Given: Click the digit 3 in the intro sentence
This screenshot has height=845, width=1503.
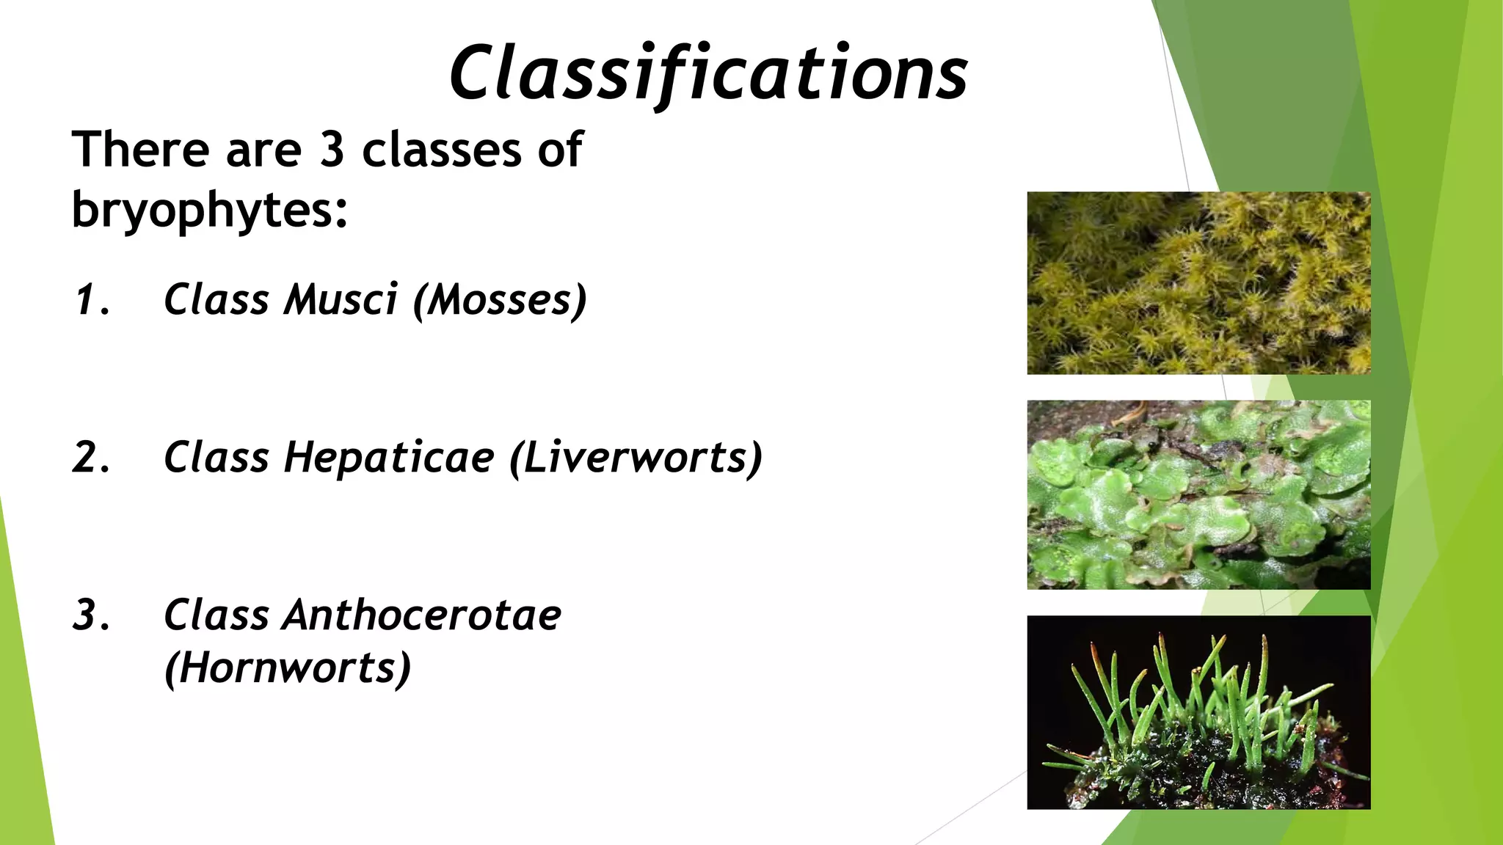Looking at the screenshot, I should click(x=332, y=150).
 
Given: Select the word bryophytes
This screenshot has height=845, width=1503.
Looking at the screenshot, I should click(x=209, y=211).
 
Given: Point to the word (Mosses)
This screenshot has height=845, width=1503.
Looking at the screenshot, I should click(x=500, y=300).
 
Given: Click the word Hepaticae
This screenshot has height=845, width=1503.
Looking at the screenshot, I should click(x=389, y=458).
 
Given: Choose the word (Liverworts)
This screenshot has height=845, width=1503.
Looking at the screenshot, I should click(x=636, y=458).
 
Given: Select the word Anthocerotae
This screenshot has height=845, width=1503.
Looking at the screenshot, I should click(x=422, y=615).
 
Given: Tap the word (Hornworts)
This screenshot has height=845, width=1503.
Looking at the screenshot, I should click(x=287, y=668).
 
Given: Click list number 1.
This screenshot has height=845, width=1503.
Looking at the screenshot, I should click(x=91, y=300).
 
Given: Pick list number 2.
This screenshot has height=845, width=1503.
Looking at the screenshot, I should click(x=91, y=458).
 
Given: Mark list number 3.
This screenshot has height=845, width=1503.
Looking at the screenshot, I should click(x=91, y=615).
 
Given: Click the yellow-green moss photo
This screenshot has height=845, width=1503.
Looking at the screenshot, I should click(x=1198, y=283).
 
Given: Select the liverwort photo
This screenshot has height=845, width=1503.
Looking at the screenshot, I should click(x=1198, y=494).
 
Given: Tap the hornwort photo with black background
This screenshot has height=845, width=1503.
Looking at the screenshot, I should click(x=1198, y=712).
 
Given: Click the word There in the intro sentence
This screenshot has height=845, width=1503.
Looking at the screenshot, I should click(x=140, y=150).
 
